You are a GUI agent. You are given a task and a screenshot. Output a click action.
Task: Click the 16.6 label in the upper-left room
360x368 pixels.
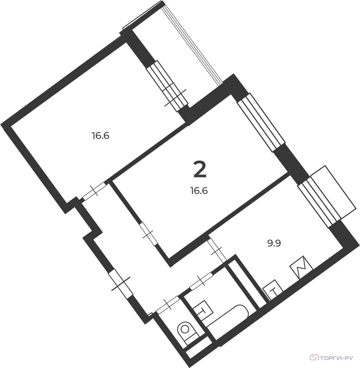pos(101,136)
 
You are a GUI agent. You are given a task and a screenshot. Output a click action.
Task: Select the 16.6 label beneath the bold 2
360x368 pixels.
pos(199,190)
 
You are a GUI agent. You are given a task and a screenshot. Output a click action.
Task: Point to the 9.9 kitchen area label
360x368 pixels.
pos(273,242)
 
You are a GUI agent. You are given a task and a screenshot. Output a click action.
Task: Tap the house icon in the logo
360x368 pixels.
pos(315,357)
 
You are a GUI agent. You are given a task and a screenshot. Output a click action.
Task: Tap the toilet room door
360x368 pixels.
pos(168,304)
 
